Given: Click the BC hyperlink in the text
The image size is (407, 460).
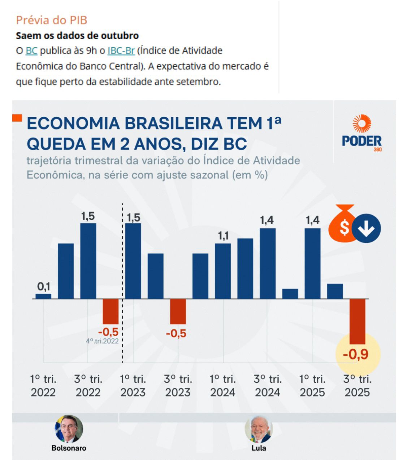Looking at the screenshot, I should [x=31, y=51].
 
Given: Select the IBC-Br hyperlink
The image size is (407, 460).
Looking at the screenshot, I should [x=121, y=51].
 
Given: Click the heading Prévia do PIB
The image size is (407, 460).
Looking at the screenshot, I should [x=52, y=20].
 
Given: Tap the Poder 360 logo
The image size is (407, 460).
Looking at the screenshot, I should [x=361, y=133].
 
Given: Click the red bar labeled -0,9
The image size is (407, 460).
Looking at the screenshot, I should [x=358, y=321].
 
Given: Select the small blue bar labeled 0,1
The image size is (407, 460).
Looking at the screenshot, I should [x=43, y=296].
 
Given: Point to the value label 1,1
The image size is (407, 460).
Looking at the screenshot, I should [x=223, y=236].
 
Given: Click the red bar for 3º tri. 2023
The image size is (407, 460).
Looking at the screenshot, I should [x=178, y=311].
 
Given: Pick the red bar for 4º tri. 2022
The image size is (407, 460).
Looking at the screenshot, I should [x=111, y=311].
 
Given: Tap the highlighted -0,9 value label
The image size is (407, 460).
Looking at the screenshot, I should [x=356, y=354].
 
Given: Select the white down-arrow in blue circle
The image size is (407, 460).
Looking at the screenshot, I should [x=366, y=228].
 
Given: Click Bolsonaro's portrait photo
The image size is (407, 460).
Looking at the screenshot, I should [x=69, y=429].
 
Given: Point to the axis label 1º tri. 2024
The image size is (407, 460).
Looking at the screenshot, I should [x=223, y=385].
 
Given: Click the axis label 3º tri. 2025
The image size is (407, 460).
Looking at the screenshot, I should [x=357, y=385].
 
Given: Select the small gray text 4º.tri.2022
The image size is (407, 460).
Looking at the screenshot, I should [x=102, y=341].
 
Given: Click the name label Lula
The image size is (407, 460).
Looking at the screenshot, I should [x=259, y=448].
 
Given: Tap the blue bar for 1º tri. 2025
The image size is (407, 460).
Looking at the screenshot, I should [x=312, y=263].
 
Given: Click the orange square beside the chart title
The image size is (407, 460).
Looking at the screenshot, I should [x=17, y=118].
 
